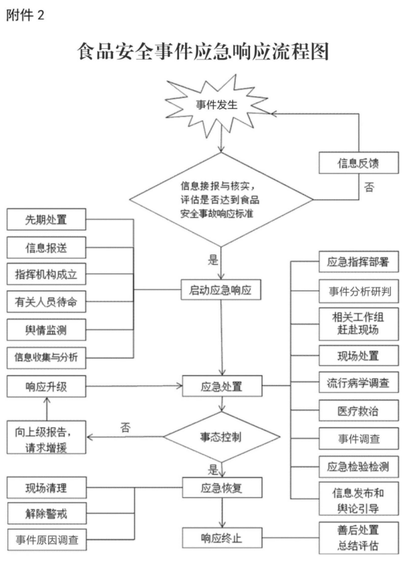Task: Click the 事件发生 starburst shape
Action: tap(217, 106)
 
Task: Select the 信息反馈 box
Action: tap(359, 163)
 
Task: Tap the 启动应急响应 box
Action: tap(221, 290)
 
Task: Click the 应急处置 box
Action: tap(222, 386)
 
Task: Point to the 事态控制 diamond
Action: tap(222, 437)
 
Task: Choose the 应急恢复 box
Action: tap(222, 487)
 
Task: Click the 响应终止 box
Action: tap(222, 538)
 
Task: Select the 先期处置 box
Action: tap(47, 219)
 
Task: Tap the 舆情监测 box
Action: tap(47, 330)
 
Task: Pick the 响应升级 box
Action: tap(47, 386)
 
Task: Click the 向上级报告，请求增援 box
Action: tap(47, 437)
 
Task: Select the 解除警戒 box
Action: tap(47, 514)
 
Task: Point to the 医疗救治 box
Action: tap(359, 411)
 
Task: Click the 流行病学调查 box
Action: tap(359, 383)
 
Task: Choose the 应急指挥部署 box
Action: tap(359, 261)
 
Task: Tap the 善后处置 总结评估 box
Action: tap(359, 538)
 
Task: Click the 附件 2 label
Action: tap(25, 15)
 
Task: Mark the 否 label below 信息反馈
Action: tap(370, 187)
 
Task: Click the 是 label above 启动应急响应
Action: tap(213, 260)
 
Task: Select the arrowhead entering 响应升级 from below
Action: tap(47, 401)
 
